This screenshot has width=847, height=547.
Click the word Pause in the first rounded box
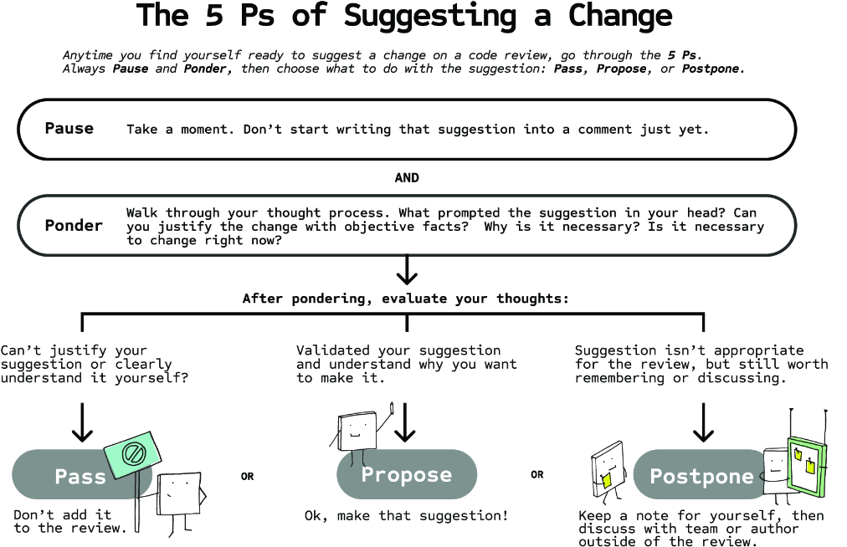[69, 129]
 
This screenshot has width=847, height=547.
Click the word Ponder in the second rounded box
[74, 225]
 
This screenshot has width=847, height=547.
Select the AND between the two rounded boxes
[407, 177]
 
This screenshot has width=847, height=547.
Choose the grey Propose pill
[407, 474]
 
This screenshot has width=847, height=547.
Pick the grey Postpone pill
[701, 474]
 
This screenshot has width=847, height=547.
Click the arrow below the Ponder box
[407, 269]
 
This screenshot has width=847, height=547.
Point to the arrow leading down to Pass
[82, 422]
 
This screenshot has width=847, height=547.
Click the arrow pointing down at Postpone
[703, 422]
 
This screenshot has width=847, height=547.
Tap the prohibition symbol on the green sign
[133, 453]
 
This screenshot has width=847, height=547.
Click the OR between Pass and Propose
[248, 476]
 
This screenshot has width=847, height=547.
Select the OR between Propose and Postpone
[537, 474]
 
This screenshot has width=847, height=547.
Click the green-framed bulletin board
[807, 467]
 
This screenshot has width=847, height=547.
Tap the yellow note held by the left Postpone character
[607, 481]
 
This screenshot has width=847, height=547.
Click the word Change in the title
[620, 15]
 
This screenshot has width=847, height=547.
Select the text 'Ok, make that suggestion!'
[406, 516]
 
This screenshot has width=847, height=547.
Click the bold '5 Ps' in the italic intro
[682, 55]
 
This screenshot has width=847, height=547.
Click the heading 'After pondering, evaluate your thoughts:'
[406, 299]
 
